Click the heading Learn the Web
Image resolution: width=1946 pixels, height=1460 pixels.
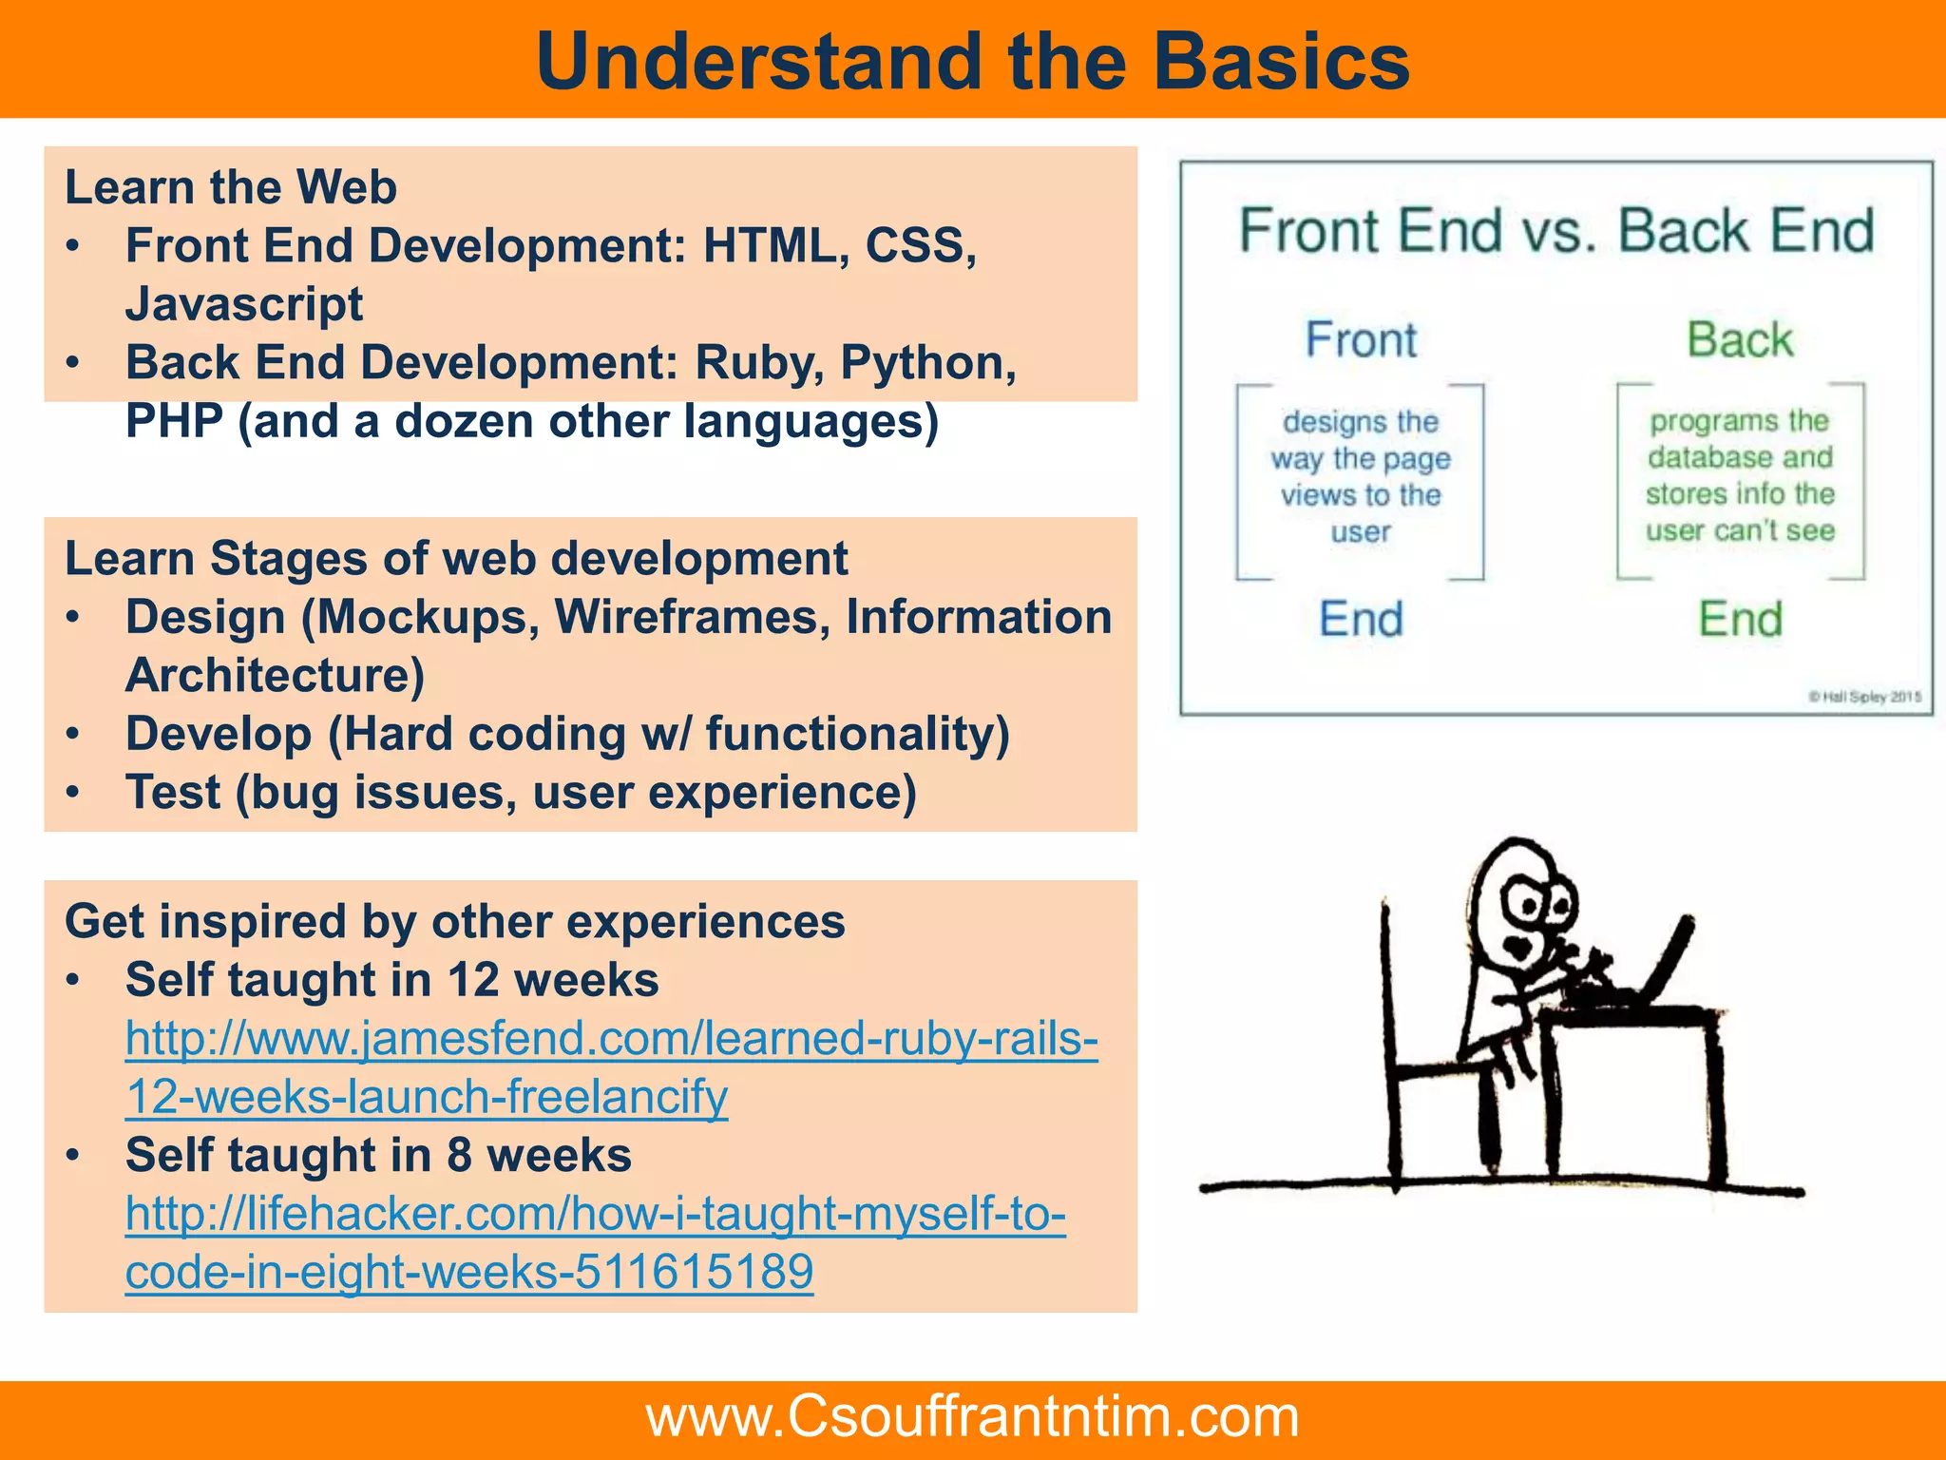pos(231,187)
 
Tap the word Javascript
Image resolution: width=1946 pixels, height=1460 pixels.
pos(244,305)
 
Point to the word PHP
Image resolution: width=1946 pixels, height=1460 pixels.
pos(174,421)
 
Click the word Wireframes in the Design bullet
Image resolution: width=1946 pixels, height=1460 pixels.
pos(693,617)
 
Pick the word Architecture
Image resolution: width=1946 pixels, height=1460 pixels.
pos(275,676)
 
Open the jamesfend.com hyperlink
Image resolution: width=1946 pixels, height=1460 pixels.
pos(611,1039)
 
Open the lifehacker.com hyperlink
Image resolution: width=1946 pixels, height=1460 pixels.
pos(595,1215)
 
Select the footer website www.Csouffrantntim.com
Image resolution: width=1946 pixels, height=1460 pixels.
pos(972,1416)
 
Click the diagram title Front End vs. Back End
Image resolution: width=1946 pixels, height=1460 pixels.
pos(1556,231)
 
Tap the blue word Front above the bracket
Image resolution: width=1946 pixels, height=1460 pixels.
pos(1361,340)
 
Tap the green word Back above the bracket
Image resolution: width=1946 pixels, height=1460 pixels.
pos(1740,340)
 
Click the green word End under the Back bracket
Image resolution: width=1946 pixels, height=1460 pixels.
pos(1740,620)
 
